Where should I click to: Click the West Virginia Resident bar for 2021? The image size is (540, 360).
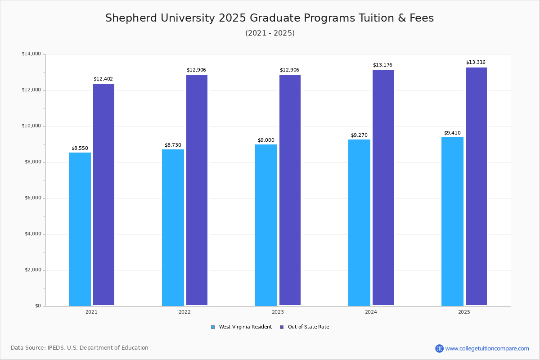coord(80,229)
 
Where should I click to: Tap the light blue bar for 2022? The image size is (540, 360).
coord(173,227)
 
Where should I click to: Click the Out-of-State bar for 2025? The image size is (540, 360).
coord(476,186)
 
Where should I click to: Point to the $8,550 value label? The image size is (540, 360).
coord(80,148)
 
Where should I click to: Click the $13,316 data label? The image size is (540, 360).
coord(476,63)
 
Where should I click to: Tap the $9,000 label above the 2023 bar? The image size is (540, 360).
coord(266,140)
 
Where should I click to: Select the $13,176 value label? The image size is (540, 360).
coord(382,65)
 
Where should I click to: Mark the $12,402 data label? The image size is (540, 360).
coord(103,79)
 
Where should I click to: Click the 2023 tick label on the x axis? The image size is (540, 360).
coord(278,312)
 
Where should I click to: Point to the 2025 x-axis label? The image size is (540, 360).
coord(464,312)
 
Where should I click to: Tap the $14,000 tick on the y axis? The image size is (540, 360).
coord(31,54)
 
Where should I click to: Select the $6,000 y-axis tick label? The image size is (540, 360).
coord(31,198)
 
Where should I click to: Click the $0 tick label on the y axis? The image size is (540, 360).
coord(38,306)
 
